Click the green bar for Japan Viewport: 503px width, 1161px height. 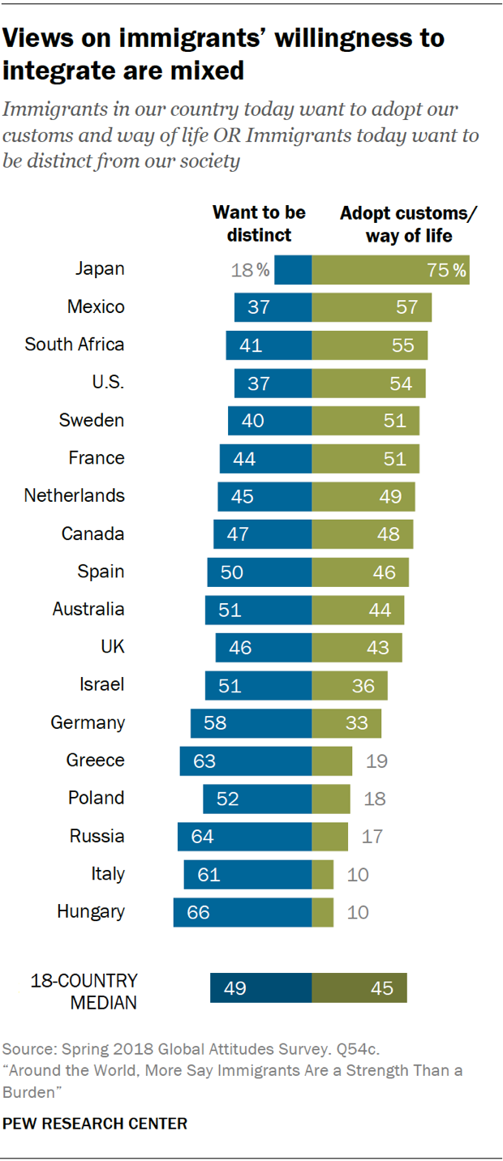tap(390, 269)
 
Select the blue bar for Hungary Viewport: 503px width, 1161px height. tap(242, 912)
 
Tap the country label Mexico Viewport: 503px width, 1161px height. tap(96, 306)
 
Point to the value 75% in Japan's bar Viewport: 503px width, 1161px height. tap(447, 270)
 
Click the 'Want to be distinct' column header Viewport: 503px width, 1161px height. tap(259, 224)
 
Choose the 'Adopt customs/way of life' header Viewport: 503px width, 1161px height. tap(408, 224)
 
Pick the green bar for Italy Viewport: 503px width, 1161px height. tap(322, 875)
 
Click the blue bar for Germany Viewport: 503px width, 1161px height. tap(251, 722)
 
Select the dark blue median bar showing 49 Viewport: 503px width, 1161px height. tap(260, 988)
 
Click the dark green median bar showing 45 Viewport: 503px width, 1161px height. tap(359, 988)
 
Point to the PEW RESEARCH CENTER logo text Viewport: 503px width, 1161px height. tap(96, 1124)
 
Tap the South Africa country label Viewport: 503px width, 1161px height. tap(75, 345)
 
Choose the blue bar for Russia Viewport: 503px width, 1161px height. tap(244, 836)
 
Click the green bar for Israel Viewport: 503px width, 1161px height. tap(349, 685)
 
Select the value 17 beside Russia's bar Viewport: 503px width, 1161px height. tap(372, 836)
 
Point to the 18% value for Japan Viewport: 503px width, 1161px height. tap(251, 270)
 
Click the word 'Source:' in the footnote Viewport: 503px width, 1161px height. tap(26, 1047)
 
